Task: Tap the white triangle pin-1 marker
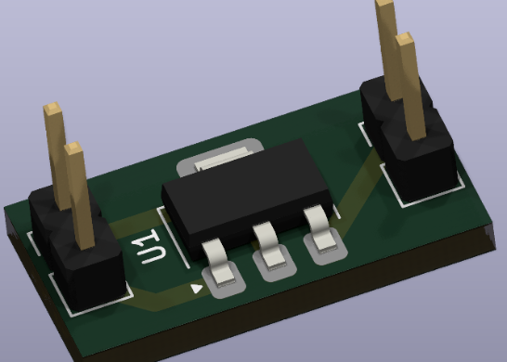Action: click(197, 289)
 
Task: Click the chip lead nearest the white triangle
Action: click(219, 265)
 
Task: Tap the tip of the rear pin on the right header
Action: click(384, 3)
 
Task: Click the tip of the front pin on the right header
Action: click(405, 38)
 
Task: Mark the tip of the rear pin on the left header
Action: click(52, 109)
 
